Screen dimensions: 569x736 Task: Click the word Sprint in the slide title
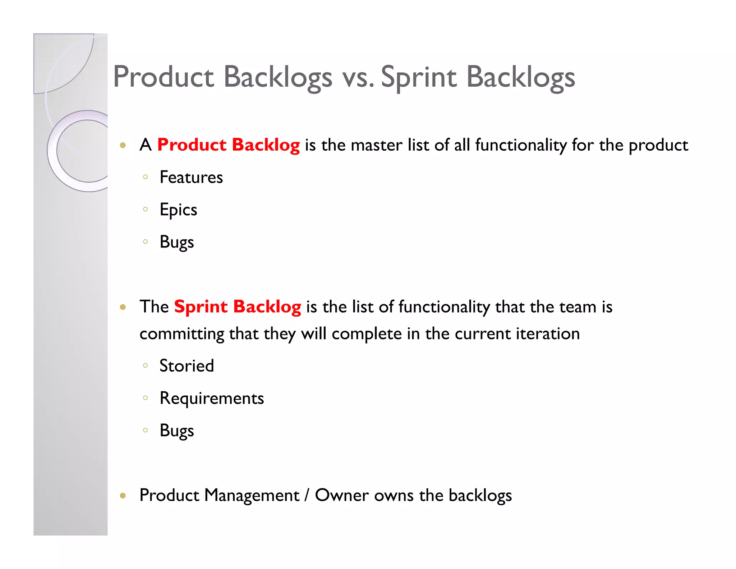point(419,77)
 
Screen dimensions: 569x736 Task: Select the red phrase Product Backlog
point(229,145)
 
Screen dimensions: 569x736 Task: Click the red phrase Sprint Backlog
point(238,307)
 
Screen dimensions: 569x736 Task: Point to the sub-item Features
point(191,177)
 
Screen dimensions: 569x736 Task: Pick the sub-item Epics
point(178,210)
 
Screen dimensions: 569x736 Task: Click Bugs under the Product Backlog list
point(177,242)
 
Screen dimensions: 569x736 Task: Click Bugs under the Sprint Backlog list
point(177,431)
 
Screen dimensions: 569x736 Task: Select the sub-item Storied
point(187,366)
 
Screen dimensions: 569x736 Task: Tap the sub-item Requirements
point(212,398)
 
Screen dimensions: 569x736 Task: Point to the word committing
point(182,334)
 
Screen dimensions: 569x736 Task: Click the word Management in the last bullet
point(252,495)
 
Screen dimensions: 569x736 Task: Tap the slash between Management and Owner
point(307,495)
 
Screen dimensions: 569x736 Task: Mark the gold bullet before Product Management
point(123,496)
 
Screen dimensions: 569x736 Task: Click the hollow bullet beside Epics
point(145,209)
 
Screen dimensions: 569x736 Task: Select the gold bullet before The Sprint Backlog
point(123,307)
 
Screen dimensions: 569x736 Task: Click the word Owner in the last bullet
point(342,495)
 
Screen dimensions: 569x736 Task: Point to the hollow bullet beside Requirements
point(145,397)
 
